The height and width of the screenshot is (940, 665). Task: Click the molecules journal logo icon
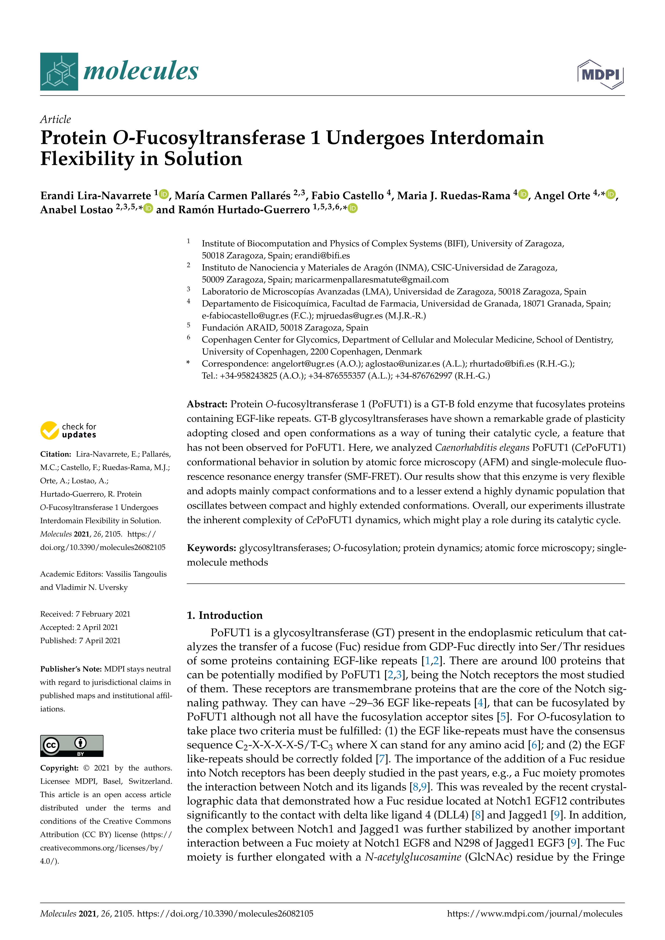coord(59,72)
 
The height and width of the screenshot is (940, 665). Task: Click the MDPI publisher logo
coord(600,74)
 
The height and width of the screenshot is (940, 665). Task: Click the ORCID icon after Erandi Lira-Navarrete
coord(164,194)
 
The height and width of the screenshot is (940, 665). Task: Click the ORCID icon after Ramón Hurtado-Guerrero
coord(353,208)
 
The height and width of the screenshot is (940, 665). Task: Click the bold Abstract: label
coord(207,404)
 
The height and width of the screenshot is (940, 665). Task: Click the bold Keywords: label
coord(211,548)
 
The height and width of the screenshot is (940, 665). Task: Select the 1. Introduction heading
coord(224,615)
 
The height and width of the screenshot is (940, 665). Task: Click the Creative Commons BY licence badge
coord(72,745)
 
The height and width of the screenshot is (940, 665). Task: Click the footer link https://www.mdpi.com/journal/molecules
coord(534,913)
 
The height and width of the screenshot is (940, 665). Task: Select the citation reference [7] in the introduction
coord(382,759)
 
